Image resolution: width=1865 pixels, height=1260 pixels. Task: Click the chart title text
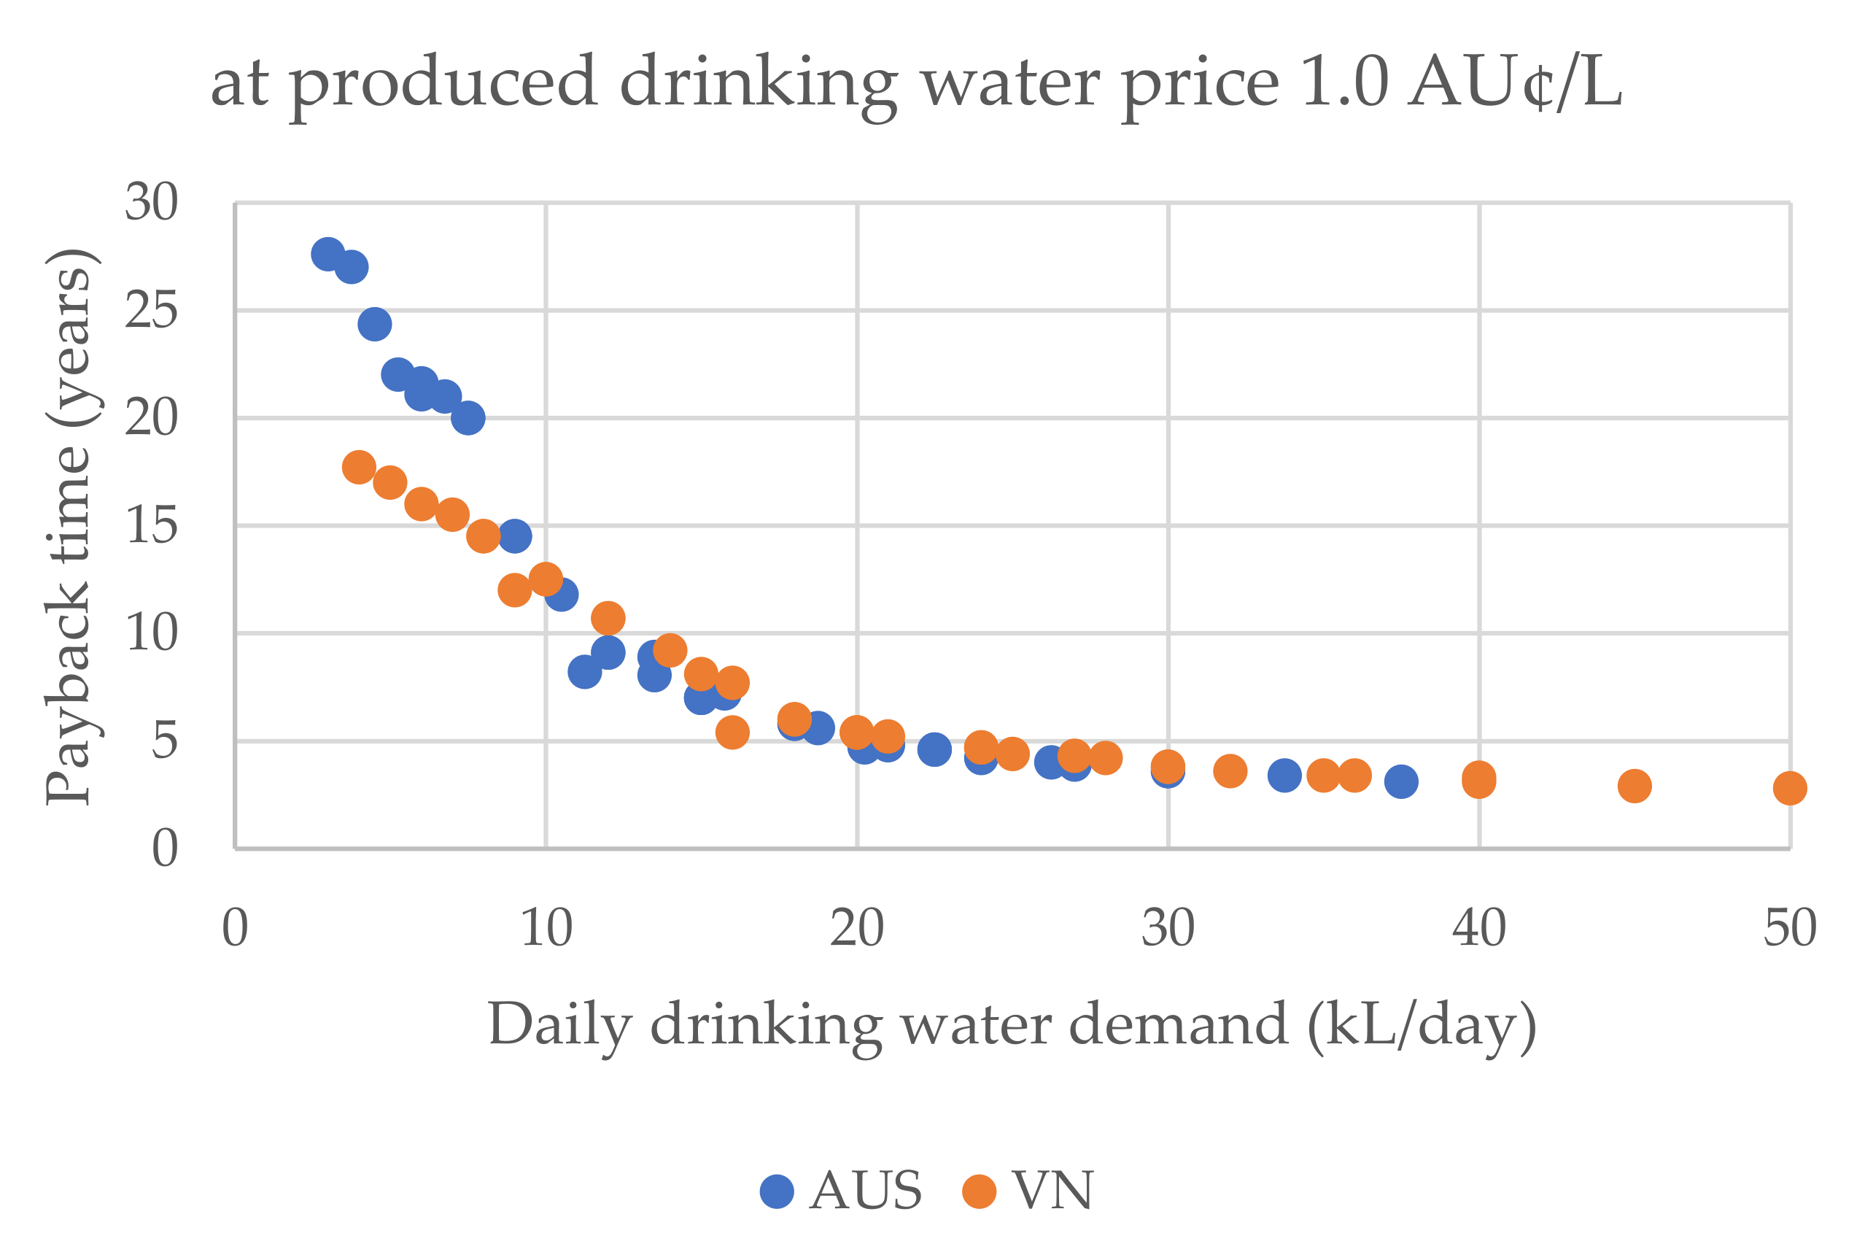(915, 83)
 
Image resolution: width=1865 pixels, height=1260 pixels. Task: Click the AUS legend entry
(842, 1191)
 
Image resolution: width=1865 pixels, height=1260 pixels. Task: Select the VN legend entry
(1031, 1191)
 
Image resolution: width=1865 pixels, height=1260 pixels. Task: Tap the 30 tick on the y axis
(151, 202)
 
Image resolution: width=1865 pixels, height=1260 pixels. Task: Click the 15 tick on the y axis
(151, 527)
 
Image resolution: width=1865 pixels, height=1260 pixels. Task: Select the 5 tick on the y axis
(165, 741)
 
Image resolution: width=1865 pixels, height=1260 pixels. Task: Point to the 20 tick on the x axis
(856, 929)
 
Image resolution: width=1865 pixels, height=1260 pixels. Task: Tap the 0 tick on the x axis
(235, 929)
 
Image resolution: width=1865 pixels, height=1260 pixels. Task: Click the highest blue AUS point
(327, 255)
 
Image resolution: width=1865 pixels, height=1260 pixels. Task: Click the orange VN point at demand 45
(1635, 786)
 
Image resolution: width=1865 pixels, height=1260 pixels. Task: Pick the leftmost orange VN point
(359, 467)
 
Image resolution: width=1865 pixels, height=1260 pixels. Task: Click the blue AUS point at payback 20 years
(468, 418)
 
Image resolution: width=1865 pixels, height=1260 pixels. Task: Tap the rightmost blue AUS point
(1401, 781)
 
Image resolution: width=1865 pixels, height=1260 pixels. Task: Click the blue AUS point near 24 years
(375, 324)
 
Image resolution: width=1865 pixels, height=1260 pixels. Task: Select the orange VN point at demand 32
(1230, 771)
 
